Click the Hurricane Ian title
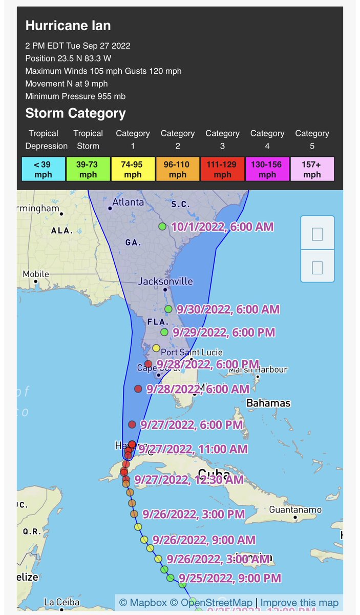click(68, 26)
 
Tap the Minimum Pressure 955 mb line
click(75, 96)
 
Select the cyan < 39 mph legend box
click(44, 169)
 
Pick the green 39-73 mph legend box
click(88, 169)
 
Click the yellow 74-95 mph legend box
click(133, 169)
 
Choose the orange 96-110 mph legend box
click(178, 169)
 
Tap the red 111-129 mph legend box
click(222, 169)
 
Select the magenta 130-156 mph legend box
click(267, 169)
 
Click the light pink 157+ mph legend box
click(312, 169)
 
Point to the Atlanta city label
click(128, 202)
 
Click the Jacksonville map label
click(165, 281)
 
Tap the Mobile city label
click(35, 274)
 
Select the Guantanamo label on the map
click(295, 509)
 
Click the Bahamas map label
click(268, 403)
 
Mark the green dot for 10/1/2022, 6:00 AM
click(162, 227)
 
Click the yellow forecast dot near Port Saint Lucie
click(157, 348)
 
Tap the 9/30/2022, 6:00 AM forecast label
click(228, 309)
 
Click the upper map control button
click(317, 234)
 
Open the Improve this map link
click(300, 603)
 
